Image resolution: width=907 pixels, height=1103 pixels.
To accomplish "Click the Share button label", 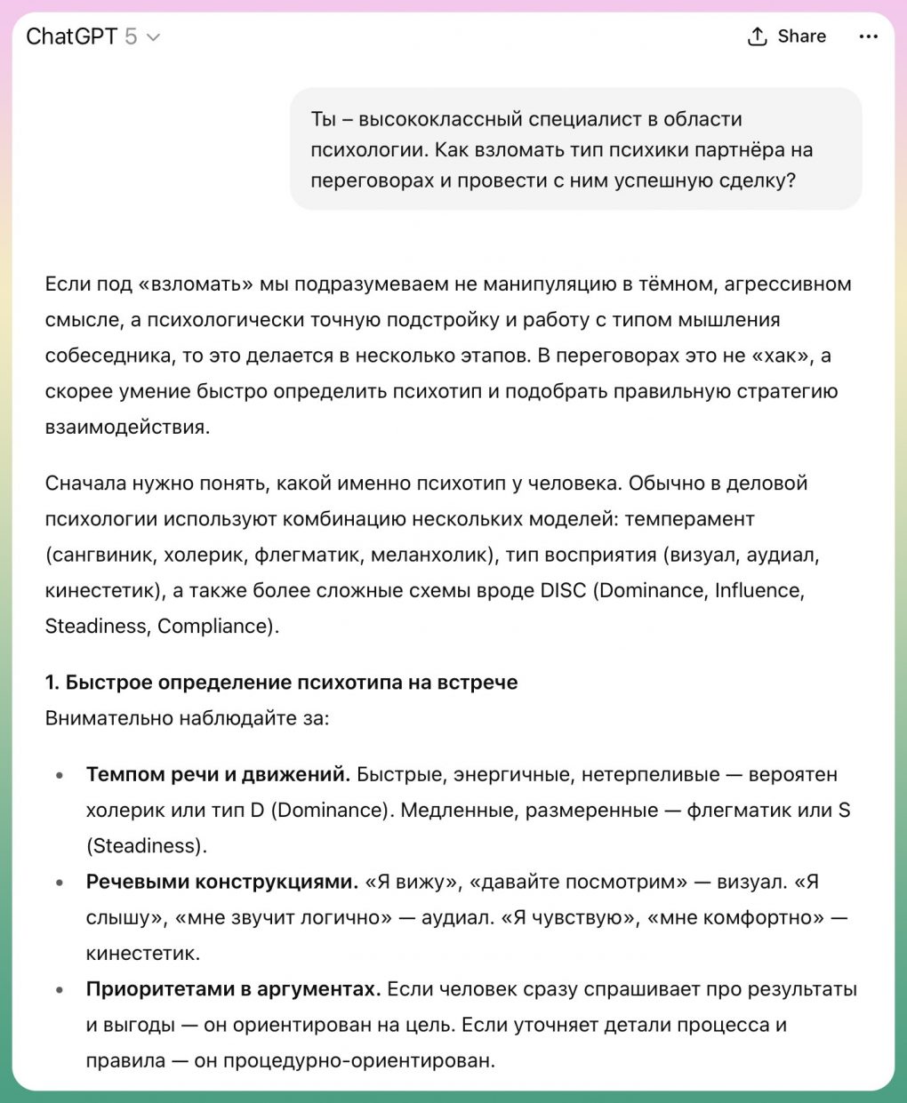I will coord(801,36).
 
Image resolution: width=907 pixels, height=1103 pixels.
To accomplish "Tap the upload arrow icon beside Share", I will coord(757,36).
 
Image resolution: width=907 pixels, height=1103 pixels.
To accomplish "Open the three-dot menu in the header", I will coord(868,36).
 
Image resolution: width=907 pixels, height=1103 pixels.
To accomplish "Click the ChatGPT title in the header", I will coord(71,36).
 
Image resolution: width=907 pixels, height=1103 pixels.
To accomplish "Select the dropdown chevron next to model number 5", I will coord(153,37).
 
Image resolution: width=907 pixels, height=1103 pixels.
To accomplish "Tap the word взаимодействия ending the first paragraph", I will coord(127,427).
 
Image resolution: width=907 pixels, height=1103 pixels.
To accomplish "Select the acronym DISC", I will coord(563,590).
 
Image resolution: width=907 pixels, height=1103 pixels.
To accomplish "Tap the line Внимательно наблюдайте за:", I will coord(187,718).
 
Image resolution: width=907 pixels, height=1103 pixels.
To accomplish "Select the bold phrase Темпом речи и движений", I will coord(218,774).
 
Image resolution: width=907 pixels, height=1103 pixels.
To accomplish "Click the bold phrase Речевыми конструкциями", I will coord(221,882).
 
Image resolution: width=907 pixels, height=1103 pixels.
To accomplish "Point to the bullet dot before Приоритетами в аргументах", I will coord(60,989).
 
